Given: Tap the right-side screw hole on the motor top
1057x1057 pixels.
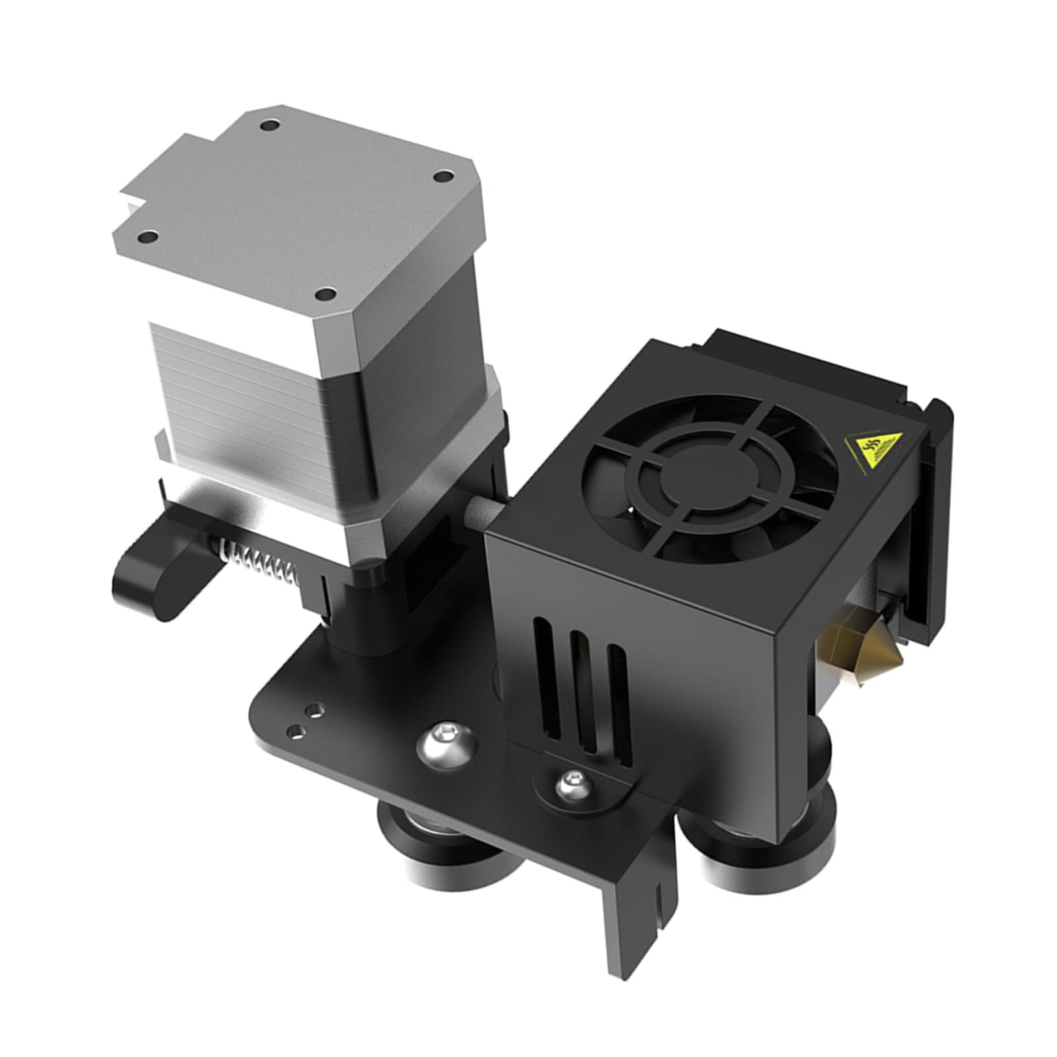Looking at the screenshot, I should [x=442, y=177].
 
